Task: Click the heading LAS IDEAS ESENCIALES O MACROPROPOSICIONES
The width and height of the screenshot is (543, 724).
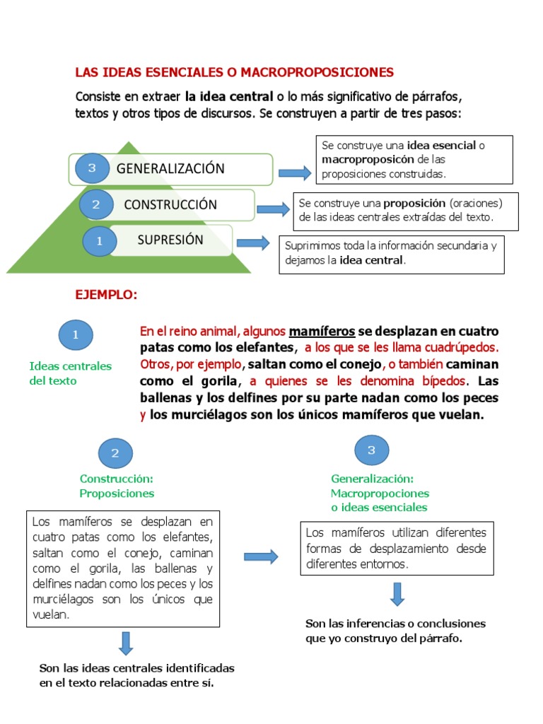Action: point(235,72)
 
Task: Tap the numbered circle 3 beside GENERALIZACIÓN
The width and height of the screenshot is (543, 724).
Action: point(91,168)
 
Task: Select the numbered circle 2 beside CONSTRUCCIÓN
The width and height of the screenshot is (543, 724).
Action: point(97,205)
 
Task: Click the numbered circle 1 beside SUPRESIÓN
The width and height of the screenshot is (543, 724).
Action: point(100,240)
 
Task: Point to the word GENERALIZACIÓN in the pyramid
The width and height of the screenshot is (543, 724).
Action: point(170,168)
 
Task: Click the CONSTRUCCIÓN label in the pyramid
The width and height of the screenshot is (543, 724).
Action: point(170,204)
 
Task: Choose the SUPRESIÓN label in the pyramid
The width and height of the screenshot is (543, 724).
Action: point(170,240)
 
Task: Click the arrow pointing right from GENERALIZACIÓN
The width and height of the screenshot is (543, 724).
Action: point(294,173)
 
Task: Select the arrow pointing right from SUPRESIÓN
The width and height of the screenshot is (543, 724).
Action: point(252,243)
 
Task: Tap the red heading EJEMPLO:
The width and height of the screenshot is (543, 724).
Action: point(107,295)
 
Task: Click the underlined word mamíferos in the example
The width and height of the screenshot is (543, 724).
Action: point(322,331)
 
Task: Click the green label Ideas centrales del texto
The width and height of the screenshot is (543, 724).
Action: point(71,373)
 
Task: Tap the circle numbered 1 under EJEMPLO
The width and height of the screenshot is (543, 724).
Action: point(76,335)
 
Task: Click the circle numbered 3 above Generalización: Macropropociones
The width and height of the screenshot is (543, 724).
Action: point(371,450)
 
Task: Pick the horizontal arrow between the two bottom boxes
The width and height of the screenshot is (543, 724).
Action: point(261,557)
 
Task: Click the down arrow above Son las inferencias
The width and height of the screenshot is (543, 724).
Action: point(397,594)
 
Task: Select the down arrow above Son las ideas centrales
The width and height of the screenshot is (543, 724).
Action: point(126,643)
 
